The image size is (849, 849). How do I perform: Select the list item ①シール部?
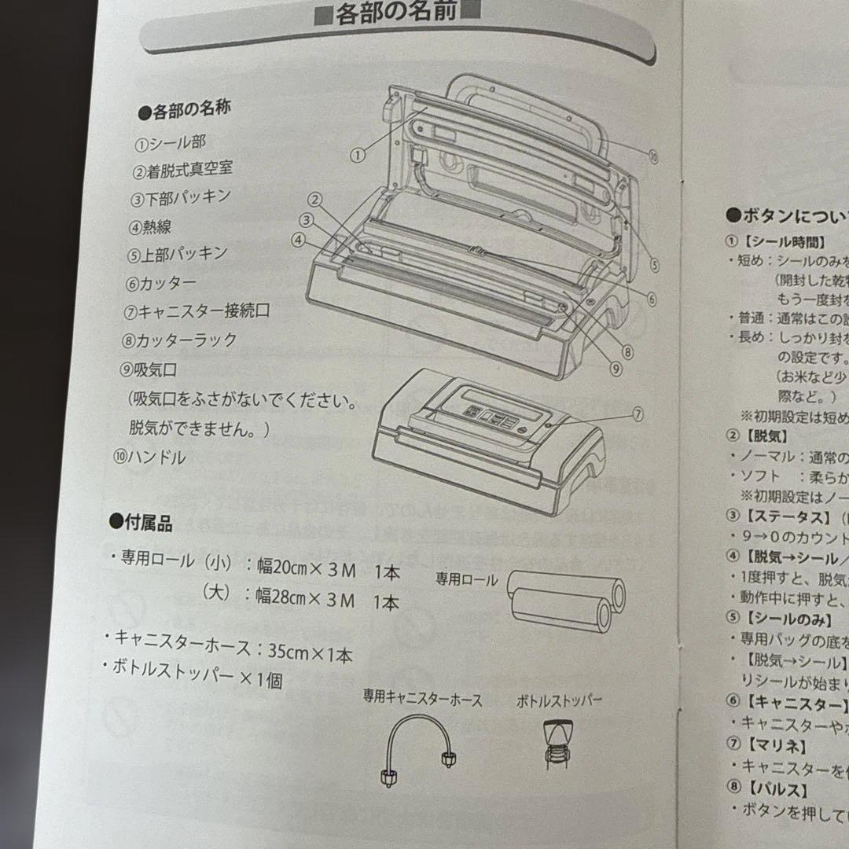point(170,142)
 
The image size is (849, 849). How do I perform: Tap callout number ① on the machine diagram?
point(359,155)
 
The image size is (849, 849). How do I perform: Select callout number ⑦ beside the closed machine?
point(637,414)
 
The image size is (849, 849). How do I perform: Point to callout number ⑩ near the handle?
point(654,157)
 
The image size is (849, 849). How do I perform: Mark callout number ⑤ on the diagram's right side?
point(654,264)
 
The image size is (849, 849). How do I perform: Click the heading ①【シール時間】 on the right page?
point(774,243)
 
